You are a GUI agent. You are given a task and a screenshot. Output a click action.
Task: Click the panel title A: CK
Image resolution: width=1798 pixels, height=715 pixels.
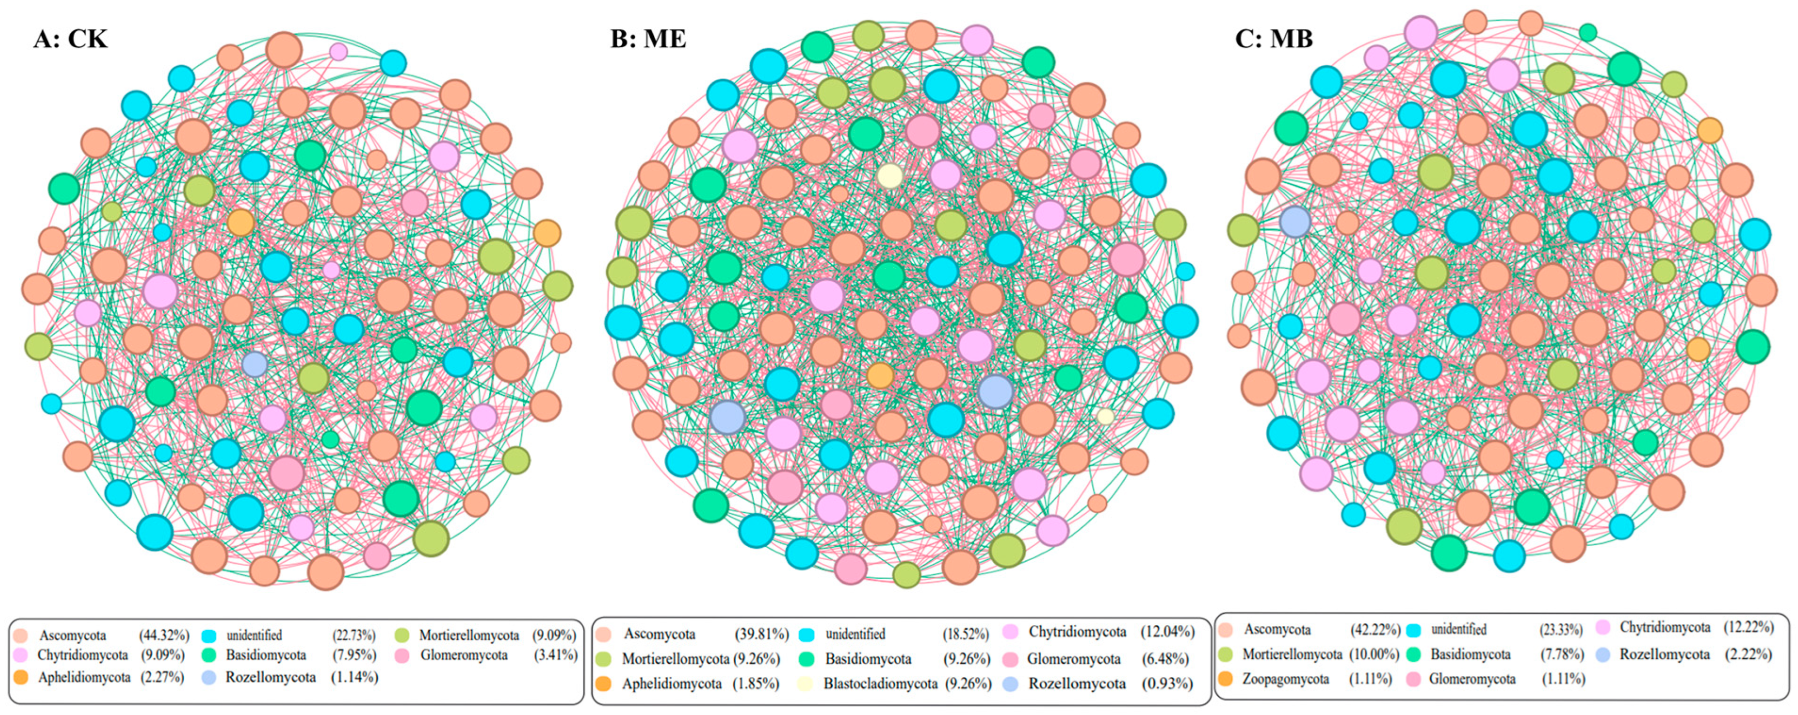tap(71, 38)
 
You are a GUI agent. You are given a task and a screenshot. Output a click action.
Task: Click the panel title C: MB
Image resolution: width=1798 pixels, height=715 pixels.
tap(1274, 38)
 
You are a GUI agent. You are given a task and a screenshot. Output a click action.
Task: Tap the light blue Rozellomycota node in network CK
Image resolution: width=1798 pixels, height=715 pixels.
tap(255, 364)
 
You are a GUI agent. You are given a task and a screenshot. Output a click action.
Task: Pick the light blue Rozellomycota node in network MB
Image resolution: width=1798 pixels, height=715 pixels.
tap(1295, 222)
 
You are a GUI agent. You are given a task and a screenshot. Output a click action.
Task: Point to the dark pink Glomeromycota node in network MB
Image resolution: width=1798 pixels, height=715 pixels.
tap(1344, 319)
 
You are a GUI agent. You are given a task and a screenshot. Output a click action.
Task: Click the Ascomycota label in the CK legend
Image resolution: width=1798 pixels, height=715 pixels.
tap(73, 635)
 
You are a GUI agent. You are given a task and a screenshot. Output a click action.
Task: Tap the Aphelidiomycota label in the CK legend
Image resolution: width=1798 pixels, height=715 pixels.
tap(84, 677)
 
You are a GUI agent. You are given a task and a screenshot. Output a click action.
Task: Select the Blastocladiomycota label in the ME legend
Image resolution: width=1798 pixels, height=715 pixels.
tap(880, 684)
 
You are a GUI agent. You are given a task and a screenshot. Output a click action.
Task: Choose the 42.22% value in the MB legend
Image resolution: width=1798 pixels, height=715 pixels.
tap(1374, 629)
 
